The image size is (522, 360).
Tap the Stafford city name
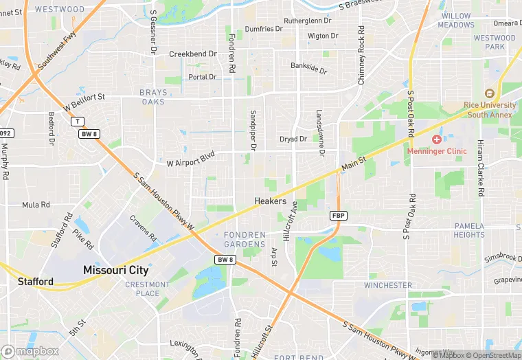[x=36, y=282]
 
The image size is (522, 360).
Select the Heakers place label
[x=270, y=201]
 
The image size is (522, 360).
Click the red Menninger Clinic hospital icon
[x=436, y=139]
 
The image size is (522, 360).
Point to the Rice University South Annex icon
[x=490, y=93]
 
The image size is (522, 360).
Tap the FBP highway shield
[x=339, y=216]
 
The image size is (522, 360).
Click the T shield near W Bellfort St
[x=77, y=122]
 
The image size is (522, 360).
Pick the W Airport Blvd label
[x=191, y=159]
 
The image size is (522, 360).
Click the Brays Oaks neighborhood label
[x=152, y=97]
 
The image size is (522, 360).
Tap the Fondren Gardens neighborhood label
[x=245, y=239]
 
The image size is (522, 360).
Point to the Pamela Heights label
[x=469, y=230]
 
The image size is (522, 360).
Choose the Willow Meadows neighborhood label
[x=456, y=20]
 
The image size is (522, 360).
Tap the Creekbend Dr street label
[x=193, y=54]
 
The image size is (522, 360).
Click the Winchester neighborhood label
[x=388, y=285]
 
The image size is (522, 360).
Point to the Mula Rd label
[x=36, y=205]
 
